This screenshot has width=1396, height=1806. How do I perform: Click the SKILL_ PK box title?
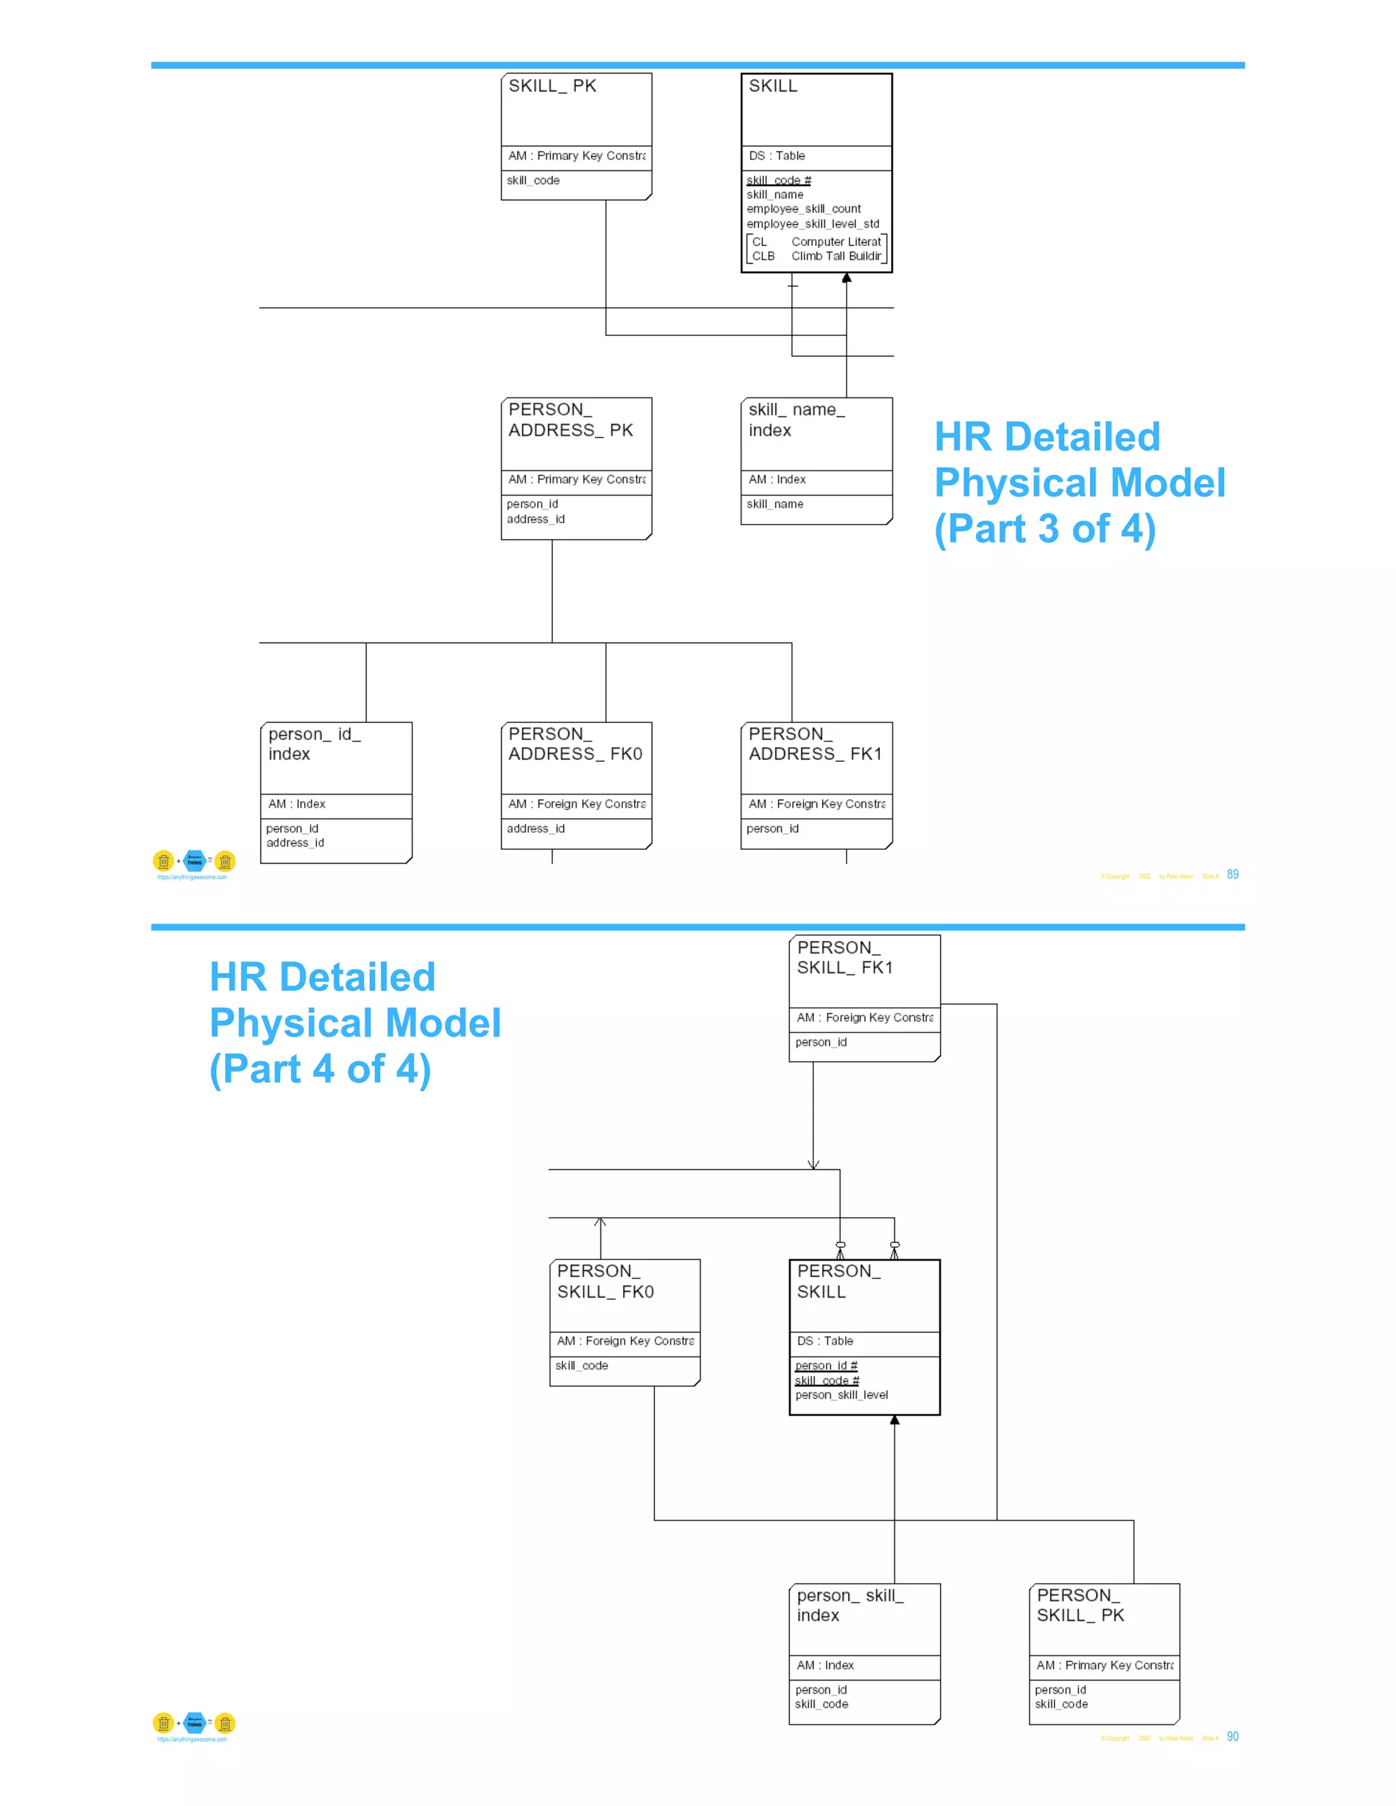(551, 86)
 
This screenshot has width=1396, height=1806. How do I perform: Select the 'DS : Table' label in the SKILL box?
(776, 155)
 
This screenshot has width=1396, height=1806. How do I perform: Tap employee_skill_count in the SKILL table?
(803, 209)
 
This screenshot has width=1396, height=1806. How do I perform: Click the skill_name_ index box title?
(795, 420)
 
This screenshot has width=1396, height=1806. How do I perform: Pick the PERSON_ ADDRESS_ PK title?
(570, 420)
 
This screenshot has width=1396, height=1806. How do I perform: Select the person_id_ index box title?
(314, 744)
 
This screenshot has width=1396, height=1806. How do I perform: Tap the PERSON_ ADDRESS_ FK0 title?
(575, 744)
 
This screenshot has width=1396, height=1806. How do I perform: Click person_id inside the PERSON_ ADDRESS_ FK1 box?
(772, 829)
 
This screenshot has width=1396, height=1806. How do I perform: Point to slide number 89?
(1232, 875)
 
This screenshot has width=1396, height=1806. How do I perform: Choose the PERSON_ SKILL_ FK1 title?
(845, 958)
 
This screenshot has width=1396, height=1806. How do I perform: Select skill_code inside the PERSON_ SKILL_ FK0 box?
(581, 1366)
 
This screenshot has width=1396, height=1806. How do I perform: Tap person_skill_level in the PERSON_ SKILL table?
(841, 1395)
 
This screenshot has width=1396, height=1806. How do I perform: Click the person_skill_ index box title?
(849, 1605)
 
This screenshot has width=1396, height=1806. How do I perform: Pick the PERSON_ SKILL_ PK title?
(1080, 1605)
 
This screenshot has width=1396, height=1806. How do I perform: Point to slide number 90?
(1232, 1736)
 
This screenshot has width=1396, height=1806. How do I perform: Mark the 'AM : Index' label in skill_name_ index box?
(776, 480)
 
